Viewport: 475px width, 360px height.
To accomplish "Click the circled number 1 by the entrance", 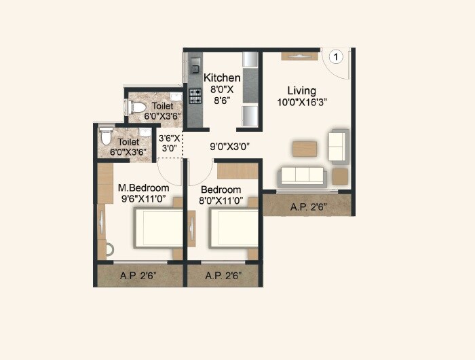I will click(x=335, y=57).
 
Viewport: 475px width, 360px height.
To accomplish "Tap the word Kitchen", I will click(x=222, y=78).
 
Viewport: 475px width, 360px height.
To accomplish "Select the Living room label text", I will click(x=301, y=90).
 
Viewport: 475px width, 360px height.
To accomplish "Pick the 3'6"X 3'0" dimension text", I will click(x=169, y=143).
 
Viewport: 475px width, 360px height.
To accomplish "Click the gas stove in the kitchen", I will click(x=195, y=96).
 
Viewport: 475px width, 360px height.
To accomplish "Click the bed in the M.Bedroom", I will click(x=158, y=228).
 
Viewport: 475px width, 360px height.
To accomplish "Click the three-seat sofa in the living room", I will click(x=302, y=175).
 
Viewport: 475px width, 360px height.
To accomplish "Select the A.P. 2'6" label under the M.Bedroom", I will click(x=138, y=276).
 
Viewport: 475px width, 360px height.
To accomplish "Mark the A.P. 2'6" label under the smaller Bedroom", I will click(x=223, y=276).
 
